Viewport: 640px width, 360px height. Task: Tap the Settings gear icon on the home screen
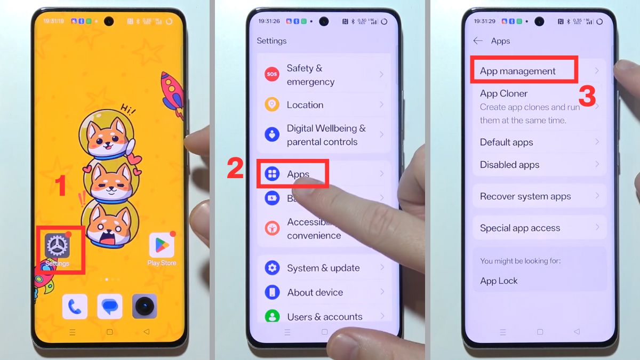tap(57, 245)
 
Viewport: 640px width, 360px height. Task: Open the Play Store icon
tap(162, 245)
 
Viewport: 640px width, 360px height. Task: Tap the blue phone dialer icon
tap(75, 306)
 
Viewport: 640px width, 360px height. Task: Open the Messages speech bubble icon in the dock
tap(109, 306)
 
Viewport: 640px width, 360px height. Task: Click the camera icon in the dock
tap(144, 306)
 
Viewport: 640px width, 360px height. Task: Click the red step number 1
tap(61, 186)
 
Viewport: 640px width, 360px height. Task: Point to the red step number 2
tap(235, 168)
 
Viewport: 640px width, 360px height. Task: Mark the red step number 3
tap(587, 97)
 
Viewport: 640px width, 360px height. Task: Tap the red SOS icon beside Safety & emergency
tap(272, 74)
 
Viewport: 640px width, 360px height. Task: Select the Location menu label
tap(305, 105)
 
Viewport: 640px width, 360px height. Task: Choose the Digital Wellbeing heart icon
tap(272, 134)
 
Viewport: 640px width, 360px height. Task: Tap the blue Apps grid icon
tap(272, 173)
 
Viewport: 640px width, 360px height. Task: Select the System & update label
tap(323, 268)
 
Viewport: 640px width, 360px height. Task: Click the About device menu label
tap(315, 292)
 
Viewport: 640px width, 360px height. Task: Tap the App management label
tap(518, 71)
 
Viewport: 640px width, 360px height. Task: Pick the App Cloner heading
tap(503, 93)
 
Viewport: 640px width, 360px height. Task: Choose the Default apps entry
tap(507, 142)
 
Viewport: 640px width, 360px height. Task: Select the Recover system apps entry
tap(525, 196)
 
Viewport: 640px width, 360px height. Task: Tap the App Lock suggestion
tap(499, 281)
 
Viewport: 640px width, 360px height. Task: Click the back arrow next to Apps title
tap(478, 41)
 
